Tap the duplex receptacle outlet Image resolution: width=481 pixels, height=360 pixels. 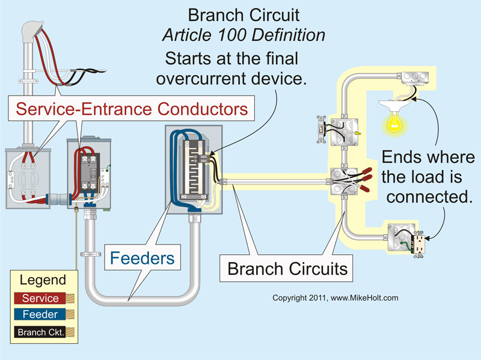[417, 245]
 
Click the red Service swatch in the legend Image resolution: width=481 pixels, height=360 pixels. [41, 298]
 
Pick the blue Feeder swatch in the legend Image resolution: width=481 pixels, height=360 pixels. [41, 314]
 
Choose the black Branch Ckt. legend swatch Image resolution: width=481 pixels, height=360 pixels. [41, 332]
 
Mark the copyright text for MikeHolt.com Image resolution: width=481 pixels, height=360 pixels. [335, 297]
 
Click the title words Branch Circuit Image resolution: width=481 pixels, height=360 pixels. [244, 15]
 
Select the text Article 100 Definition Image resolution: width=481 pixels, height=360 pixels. [244, 35]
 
